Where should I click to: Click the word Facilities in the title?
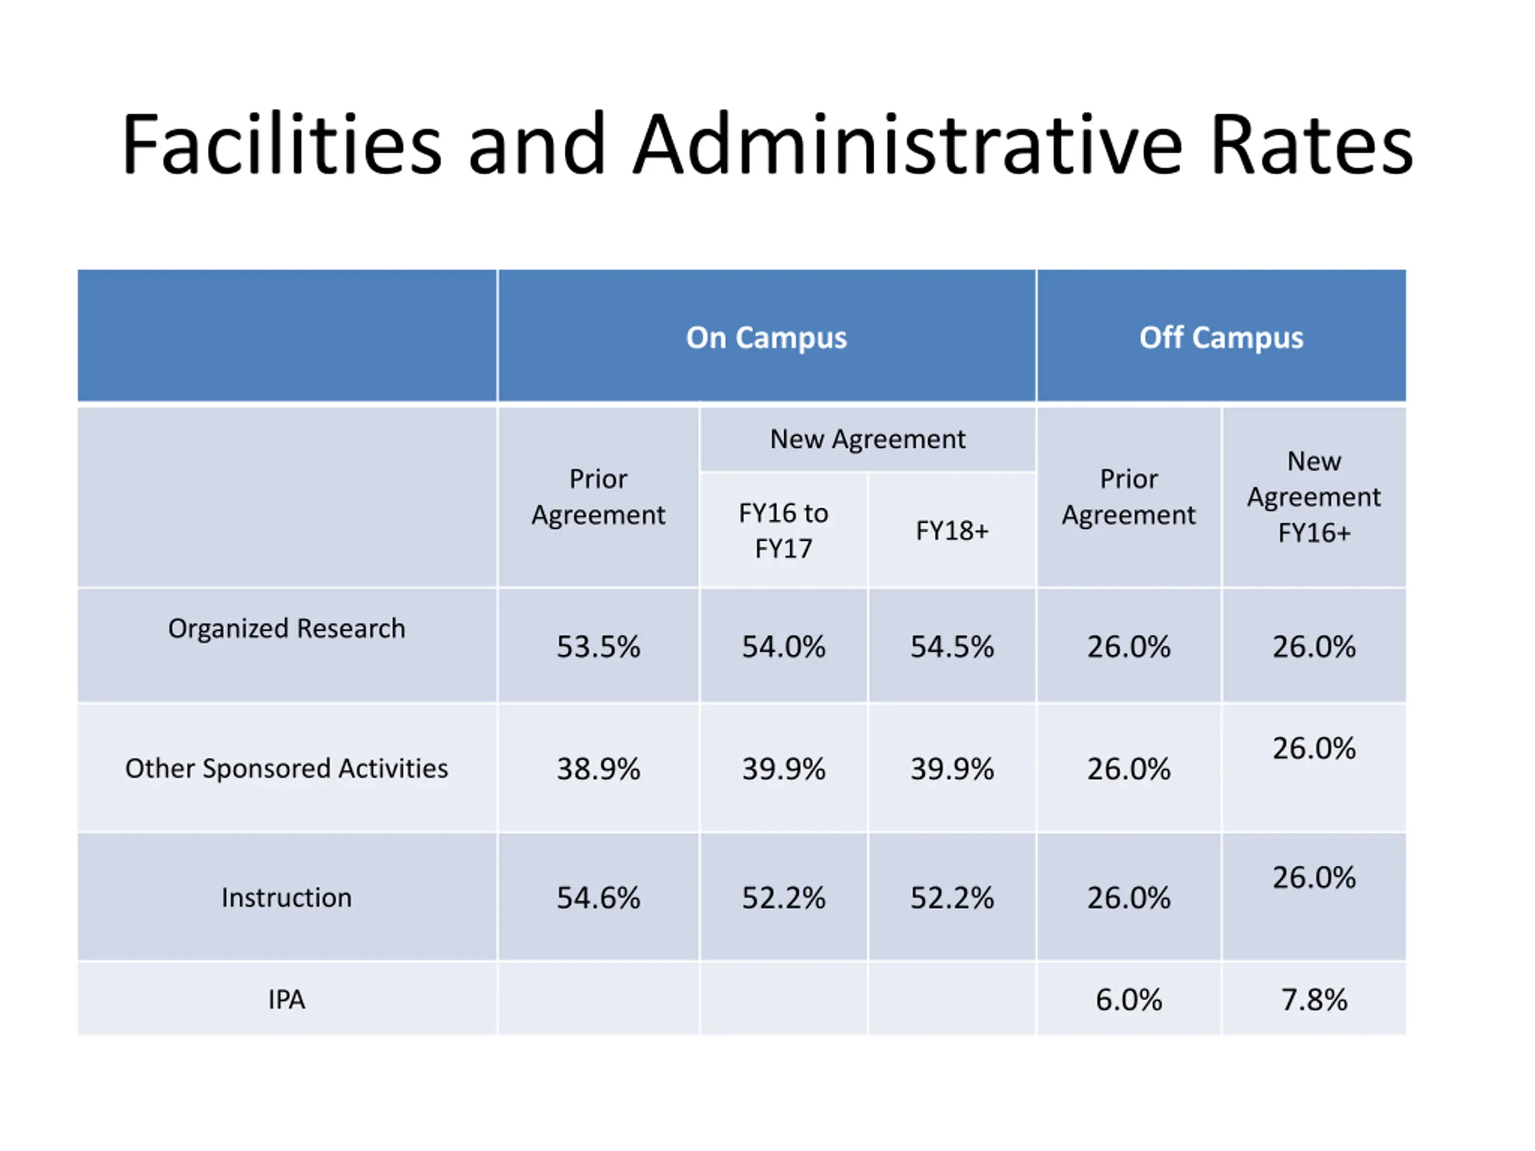(x=281, y=146)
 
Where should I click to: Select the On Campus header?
(x=766, y=338)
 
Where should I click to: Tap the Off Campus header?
(x=1221, y=338)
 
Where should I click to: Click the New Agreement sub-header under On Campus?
(x=868, y=439)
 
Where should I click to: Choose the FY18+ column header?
(x=952, y=531)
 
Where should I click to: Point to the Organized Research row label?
(x=287, y=629)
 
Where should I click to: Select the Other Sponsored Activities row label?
(x=287, y=768)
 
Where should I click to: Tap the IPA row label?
(x=287, y=1000)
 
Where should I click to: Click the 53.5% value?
(x=598, y=647)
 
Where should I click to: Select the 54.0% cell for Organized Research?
(x=784, y=647)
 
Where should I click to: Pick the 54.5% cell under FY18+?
(x=952, y=647)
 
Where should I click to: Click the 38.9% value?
(x=598, y=769)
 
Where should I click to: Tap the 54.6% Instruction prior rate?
(x=598, y=898)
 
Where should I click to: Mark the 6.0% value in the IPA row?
(x=1128, y=1000)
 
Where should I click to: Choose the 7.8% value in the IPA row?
(x=1314, y=1000)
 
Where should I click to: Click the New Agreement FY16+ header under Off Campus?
(x=1314, y=497)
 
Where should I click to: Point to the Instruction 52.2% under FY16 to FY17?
(x=784, y=898)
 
